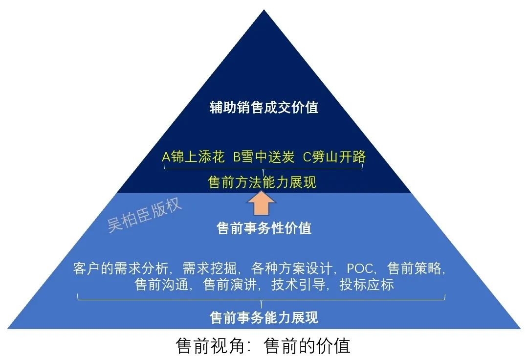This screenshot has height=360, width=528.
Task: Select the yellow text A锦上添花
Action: pyautogui.click(x=193, y=157)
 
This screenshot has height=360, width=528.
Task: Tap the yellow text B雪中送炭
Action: pyautogui.click(x=264, y=157)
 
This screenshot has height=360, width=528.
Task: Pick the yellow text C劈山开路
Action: pyautogui.click(x=334, y=157)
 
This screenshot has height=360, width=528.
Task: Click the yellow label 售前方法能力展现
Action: pyautogui.click(x=263, y=182)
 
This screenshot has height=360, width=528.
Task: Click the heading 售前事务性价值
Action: pyautogui.click(x=264, y=228)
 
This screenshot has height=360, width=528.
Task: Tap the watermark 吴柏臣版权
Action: pyautogui.click(x=145, y=215)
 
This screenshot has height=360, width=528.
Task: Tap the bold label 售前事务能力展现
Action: pyautogui.click(x=264, y=317)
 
